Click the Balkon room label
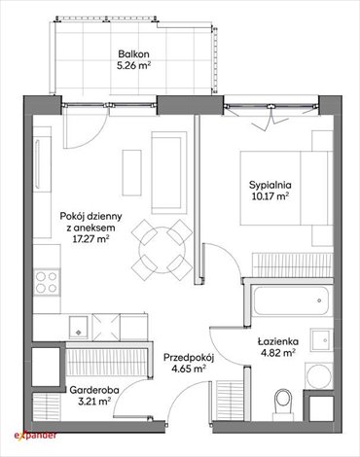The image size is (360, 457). [135, 54]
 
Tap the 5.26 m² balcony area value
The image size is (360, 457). [135, 67]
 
